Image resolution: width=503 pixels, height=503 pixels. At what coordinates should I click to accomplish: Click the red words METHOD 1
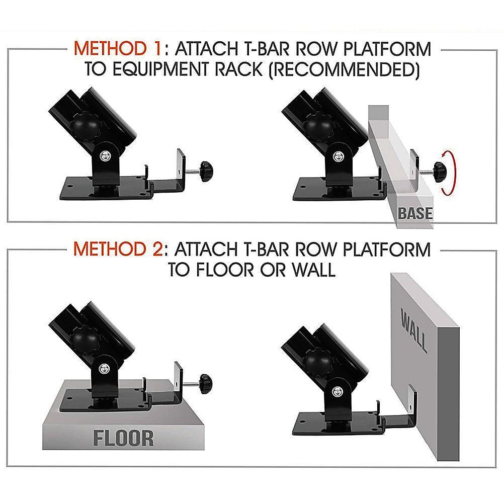(117, 49)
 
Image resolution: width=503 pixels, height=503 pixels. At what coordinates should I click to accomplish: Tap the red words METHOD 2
(118, 249)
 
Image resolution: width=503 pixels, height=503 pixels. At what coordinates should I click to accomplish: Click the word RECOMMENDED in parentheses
(344, 69)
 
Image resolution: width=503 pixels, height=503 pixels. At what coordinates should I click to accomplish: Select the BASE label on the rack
(415, 213)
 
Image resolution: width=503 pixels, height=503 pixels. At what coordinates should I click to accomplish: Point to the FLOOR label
(124, 439)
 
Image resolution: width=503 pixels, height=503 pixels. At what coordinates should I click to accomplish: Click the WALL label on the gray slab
(414, 330)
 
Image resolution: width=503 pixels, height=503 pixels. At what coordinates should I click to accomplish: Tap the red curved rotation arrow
(448, 173)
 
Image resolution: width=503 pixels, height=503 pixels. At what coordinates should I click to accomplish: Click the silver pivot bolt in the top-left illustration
(105, 156)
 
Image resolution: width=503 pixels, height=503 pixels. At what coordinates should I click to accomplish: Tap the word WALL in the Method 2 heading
(313, 270)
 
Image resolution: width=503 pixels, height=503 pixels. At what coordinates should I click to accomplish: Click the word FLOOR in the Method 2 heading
(225, 270)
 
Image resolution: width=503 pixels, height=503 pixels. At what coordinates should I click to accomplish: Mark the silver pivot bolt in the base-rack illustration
(338, 156)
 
